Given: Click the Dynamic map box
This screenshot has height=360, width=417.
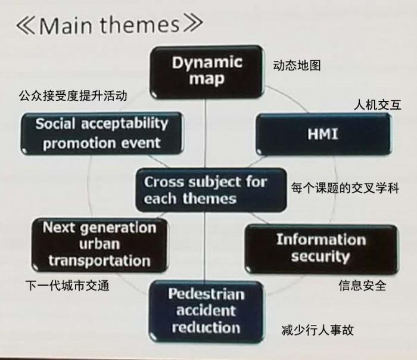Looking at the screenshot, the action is coord(207,72).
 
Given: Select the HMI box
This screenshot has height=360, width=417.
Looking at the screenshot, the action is coord(323,134).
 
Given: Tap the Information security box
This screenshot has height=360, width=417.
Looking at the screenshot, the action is coord(322,249).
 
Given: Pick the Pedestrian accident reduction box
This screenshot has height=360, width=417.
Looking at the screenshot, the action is coord(206,312).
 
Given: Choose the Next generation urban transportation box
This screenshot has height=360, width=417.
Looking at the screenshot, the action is coord(99,245).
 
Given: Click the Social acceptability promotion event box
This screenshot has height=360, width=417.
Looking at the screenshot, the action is coord(102,134).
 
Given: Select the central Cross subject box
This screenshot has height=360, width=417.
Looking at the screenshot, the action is coord(211,190).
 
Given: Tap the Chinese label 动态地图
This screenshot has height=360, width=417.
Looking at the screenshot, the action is coord(297,66).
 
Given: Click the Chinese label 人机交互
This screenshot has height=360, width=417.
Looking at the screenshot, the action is coord(377,105).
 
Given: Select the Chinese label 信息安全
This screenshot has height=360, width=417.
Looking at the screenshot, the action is coord(362,285).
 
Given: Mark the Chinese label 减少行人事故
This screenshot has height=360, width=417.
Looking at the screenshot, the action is coord(318,330).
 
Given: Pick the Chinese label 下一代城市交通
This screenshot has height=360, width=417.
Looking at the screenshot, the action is coord(67,285).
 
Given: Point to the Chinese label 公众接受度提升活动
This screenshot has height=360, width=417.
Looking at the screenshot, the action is coord(73,96).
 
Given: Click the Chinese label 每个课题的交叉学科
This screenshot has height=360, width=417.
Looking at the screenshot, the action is coord(345,188).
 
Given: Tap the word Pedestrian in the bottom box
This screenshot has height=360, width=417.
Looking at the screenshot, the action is coord(206,294).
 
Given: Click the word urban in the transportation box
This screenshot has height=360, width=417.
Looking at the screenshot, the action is coord(99,244).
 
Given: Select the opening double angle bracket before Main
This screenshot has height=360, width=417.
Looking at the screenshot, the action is coord(26,26).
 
